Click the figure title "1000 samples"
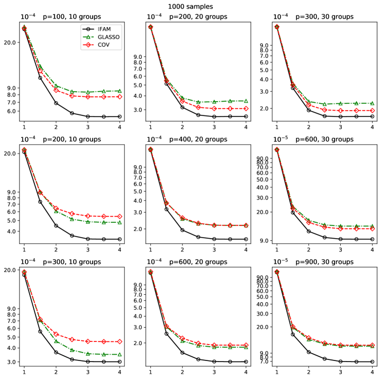click(x=190, y=6)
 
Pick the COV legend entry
click(x=104, y=46)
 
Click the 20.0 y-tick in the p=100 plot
click(x=10, y=42)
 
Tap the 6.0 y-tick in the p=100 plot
click(x=11, y=111)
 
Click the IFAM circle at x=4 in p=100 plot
click(x=120, y=116)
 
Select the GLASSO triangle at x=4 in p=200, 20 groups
click(x=246, y=101)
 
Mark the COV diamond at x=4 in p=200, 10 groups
click(x=120, y=216)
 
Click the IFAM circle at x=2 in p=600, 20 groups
click(x=183, y=353)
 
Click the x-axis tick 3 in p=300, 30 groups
click(x=340, y=127)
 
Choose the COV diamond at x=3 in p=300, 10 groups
click(x=88, y=341)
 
